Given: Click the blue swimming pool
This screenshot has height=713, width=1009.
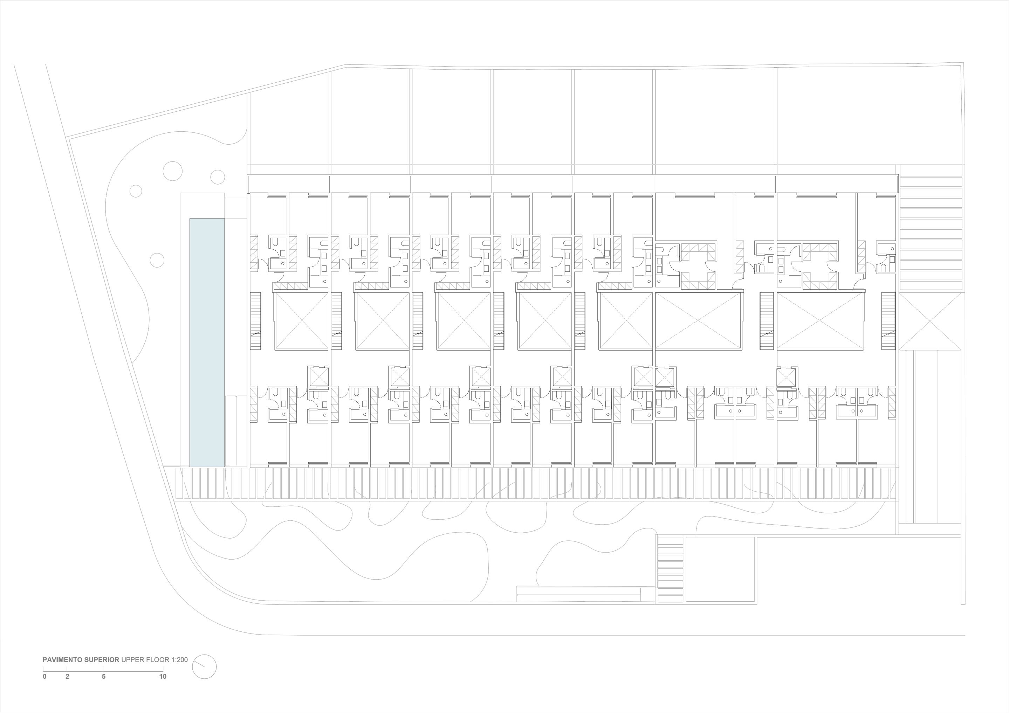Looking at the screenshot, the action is click(207, 342).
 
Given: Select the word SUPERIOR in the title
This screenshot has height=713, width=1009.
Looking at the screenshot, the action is click(102, 660).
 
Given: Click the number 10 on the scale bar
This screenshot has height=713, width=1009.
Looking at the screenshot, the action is click(163, 677).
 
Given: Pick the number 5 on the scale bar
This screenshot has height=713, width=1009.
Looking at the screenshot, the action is click(104, 677).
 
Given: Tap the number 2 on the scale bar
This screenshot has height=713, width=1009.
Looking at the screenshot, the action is click(67, 677).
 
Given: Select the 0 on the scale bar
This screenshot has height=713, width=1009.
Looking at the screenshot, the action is click(44, 677).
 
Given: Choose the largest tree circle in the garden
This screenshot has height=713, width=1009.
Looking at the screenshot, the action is click(172, 171).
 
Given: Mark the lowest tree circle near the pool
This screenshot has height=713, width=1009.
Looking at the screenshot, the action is click(157, 260).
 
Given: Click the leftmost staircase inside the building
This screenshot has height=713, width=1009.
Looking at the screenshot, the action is click(255, 321).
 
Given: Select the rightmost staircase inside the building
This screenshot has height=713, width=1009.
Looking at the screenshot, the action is click(888, 321).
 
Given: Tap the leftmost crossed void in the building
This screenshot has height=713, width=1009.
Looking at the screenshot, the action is click(301, 321).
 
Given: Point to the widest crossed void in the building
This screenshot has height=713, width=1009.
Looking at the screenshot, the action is click(698, 321).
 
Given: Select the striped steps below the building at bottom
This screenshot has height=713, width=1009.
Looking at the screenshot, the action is click(670, 569).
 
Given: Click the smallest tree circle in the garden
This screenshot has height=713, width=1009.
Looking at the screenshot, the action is click(136, 191).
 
